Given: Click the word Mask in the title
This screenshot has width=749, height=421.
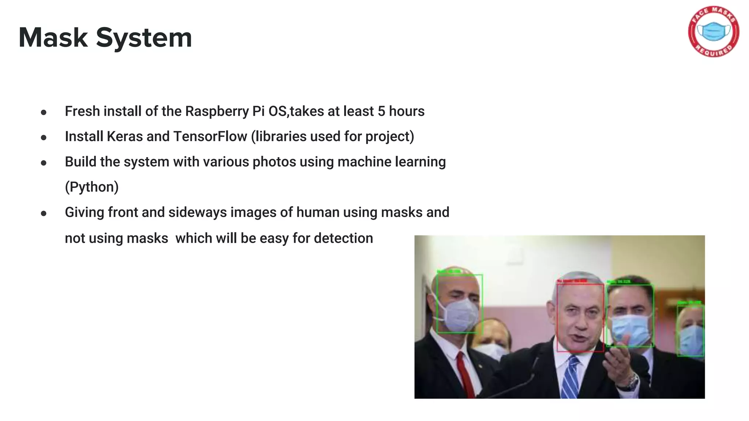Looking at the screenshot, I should (x=53, y=38).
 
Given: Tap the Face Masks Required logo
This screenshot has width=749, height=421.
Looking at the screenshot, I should (x=714, y=31).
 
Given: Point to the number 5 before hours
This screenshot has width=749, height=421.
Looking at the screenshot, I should (x=381, y=111).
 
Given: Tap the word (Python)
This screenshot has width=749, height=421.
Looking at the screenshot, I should (x=92, y=187).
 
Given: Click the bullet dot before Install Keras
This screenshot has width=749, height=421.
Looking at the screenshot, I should (x=44, y=138).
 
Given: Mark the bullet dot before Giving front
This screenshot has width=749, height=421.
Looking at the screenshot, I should (x=44, y=213).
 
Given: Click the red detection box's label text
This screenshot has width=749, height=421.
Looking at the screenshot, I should (x=572, y=281).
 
